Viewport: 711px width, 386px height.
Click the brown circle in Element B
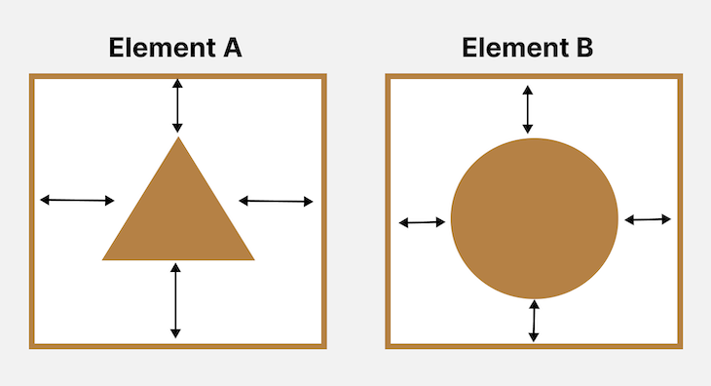(534, 218)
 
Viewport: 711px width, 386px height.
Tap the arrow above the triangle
(176, 104)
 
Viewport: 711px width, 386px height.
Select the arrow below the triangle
(175, 300)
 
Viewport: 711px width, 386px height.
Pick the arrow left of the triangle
(78, 200)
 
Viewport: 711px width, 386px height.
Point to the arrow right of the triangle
(276, 201)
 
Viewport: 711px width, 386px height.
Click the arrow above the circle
(527, 109)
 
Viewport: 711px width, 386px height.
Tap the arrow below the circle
(534, 321)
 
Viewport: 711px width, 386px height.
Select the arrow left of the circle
(422, 223)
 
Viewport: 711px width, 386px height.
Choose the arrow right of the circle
(648, 219)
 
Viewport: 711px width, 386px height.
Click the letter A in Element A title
(229, 48)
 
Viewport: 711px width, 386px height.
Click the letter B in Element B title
(581, 48)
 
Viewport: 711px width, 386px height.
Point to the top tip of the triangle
(178, 139)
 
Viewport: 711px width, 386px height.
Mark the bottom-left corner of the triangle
(104, 258)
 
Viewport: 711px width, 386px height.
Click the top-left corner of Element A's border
(32, 76)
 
